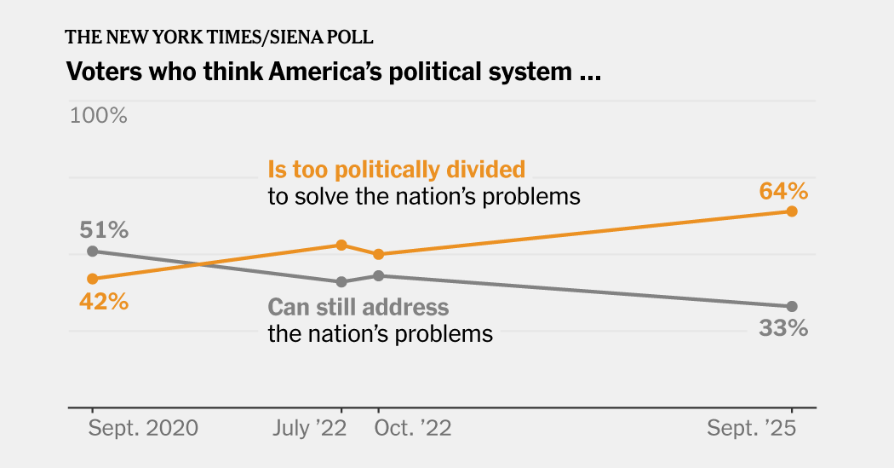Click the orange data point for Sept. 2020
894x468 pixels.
click(x=92, y=279)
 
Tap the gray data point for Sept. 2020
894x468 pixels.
click(x=92, y=251)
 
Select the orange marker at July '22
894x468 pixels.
click(x=341, y=245)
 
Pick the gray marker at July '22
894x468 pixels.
click(x=341, y=281)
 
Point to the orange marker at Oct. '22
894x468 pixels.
click(x=379, y=254)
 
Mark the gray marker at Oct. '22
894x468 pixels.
click(x=379, y=275)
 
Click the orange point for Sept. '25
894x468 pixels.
click(x=792, y=211)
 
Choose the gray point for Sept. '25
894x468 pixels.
click(x=792, y=306)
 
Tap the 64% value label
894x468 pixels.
click(x=783, y=189)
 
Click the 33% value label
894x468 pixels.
click(x=783, y=328)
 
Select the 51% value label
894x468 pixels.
click(x=104, y=229)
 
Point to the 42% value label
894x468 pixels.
click(x=104, y=301)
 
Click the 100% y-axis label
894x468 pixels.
click(x=98, y=115)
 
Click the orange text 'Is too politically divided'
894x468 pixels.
click(x=396, y=169)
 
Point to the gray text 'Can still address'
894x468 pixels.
click(x=358, y=307)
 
